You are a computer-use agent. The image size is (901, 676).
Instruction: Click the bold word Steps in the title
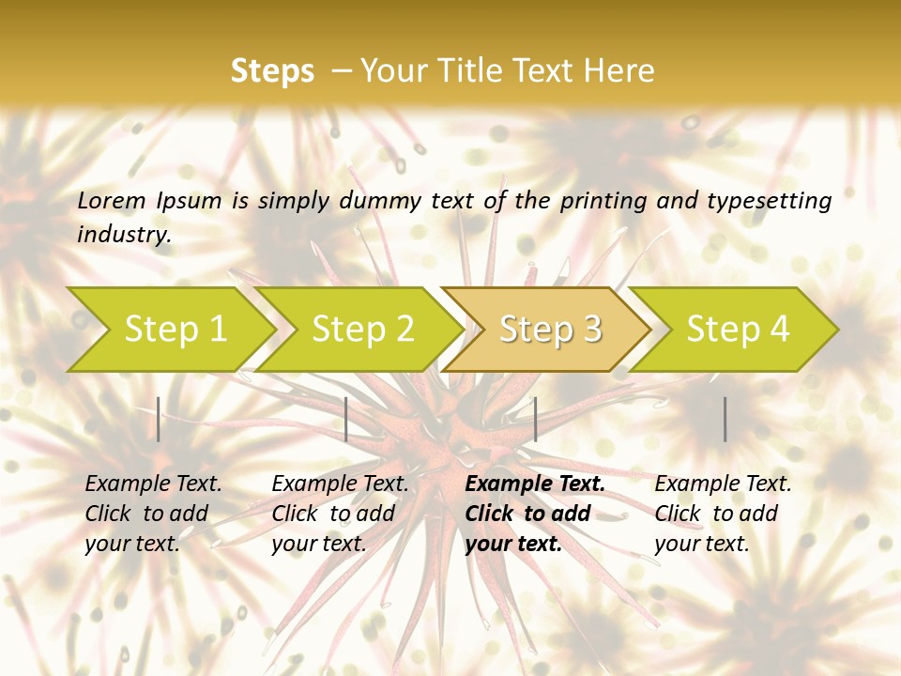pyautogui.click(x=272, y=71)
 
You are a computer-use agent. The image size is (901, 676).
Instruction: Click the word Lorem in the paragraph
pyautogui.click(x=111, y=200)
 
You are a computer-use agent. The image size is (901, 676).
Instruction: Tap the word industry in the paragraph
pyautogui.click(x=124, y=234)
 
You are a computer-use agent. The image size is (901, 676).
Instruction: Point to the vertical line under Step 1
pyautogui.click(x=159, y=419)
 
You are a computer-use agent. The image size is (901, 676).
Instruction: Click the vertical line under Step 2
pyautogui.click(x=346, y=419)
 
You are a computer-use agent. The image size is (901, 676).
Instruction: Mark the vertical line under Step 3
pyautogui.click(x=535, y=419)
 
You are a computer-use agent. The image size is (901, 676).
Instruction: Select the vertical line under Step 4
pyautogui.click(x=725, y=419)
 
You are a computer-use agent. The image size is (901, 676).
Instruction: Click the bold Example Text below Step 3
pyautogui.click(x=535, y=484)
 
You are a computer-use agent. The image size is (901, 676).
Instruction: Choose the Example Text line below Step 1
pyautogui.click(x=153, y=484)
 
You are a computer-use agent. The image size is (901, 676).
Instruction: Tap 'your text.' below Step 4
pyautogui.click(x=701, y=544)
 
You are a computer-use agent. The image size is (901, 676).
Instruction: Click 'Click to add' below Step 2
pyautogui.click(x=333, y=515)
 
